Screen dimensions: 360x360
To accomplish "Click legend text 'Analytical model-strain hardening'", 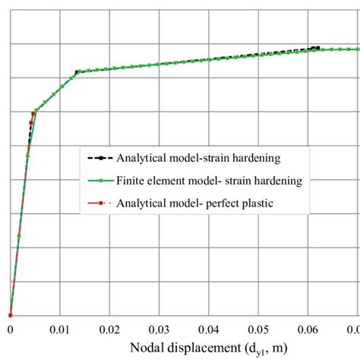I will click(x=199, y=158).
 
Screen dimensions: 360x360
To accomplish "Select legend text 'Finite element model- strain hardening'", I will click(x=210, y=181).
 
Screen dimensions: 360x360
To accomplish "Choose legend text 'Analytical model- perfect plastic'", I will click(x=194, y=203).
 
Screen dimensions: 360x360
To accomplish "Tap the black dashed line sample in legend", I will click(x=99, y=159).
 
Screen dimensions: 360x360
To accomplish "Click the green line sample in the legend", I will click(x=99, y=181).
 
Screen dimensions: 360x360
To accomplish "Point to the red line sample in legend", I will click(x=99, y=203).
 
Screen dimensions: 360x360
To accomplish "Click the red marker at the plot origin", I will click(x=10, y=314).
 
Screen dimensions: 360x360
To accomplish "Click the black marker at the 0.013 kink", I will click(x=77, y=72).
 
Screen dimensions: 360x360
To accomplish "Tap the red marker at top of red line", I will click(x=33, y=114).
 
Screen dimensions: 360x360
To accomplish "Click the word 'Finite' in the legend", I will click(x=131, y=181).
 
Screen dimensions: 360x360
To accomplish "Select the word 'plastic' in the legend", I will click(x=254, y=203).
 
